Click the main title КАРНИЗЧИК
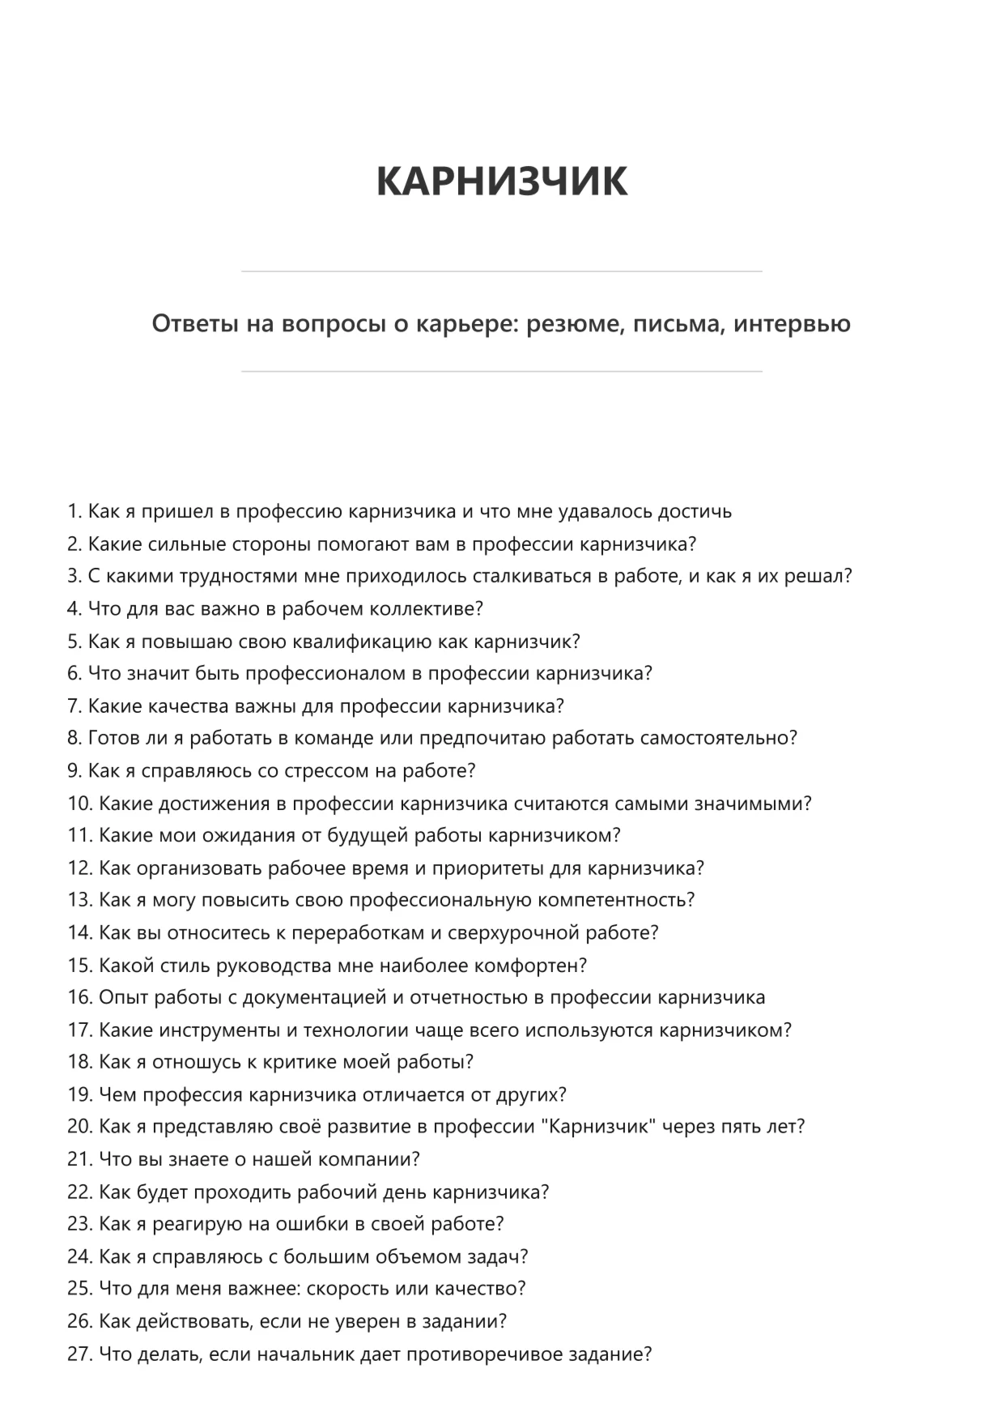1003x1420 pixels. [501, 181]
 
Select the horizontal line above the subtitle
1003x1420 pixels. [501, 271]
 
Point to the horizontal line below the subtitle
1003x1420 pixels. [501, 372]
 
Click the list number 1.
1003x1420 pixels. [74, 511]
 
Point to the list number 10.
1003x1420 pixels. [79, 804]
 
